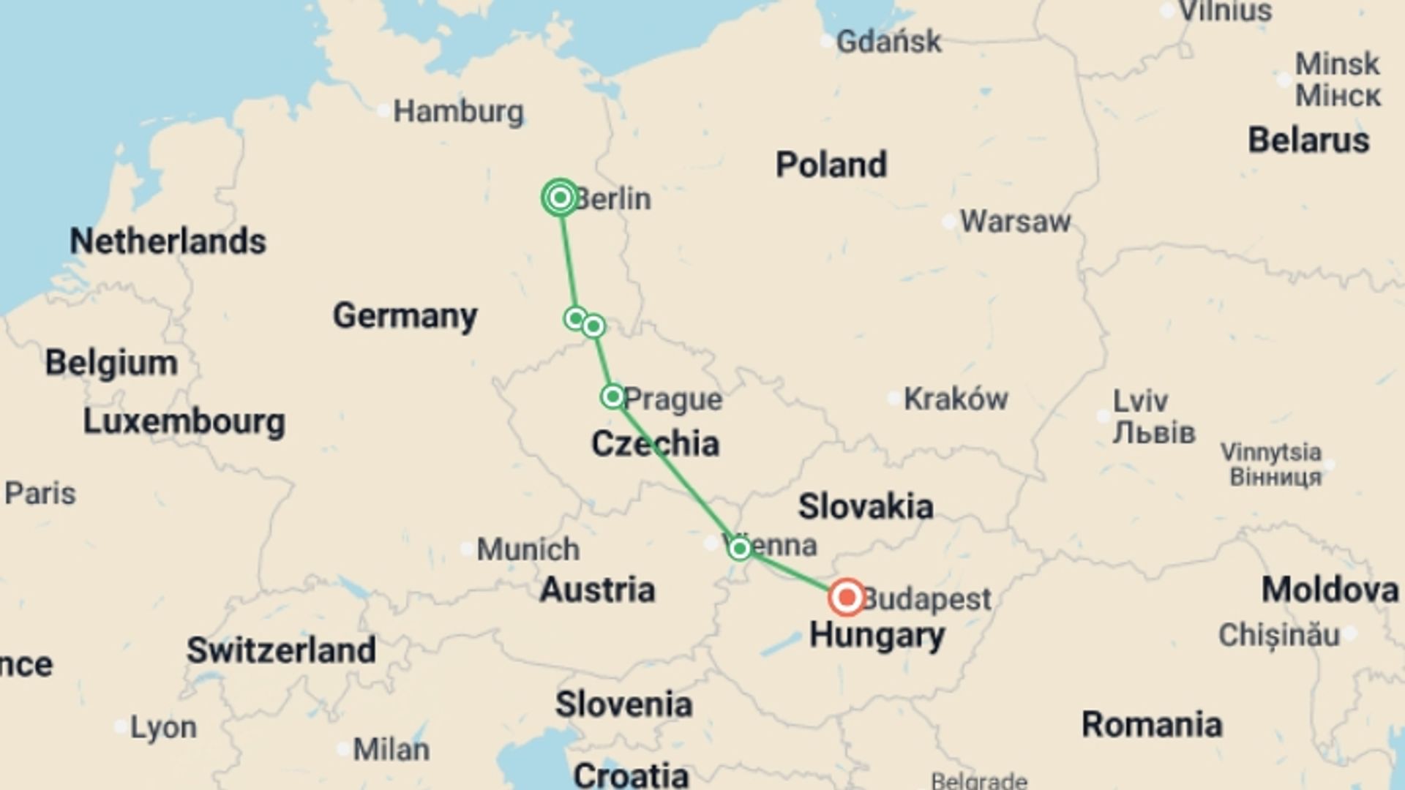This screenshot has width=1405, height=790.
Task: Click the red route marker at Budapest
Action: (x=847, y=597)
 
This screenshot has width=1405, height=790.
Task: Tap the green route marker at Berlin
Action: (x=561, y=197)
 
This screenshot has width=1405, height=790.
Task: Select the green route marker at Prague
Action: (x=612, y=396)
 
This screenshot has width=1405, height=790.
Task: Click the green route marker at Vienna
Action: (x=740, y=548)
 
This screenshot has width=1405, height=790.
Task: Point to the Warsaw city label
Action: (x=1015, y=221)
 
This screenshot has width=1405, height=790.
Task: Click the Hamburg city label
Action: (x=458, y=112)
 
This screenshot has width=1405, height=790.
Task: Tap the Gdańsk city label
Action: (x=888, y=42)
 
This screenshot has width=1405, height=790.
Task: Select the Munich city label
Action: (x=528, y=549)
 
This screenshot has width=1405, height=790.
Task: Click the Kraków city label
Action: (x=955, y=399)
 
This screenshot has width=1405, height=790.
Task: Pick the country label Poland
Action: (x=831, y=165)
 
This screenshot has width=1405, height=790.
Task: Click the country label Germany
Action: (x=405, y=316)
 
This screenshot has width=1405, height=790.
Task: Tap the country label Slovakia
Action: (x=865, y=506)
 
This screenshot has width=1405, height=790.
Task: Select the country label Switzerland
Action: (x=281, y=650)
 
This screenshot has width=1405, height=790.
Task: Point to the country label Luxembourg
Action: (x=184, y=421)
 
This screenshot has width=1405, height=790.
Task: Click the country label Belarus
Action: (x=1308, y=140)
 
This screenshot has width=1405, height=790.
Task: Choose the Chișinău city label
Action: (x=1278, y=635)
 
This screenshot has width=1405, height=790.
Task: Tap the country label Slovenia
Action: (x=623, y=704)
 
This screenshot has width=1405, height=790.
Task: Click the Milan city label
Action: (x=391, y=750)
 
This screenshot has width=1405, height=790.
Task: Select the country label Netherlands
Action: (x=168, y=241)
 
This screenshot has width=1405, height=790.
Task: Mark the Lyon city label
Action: (x=162, y=728)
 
